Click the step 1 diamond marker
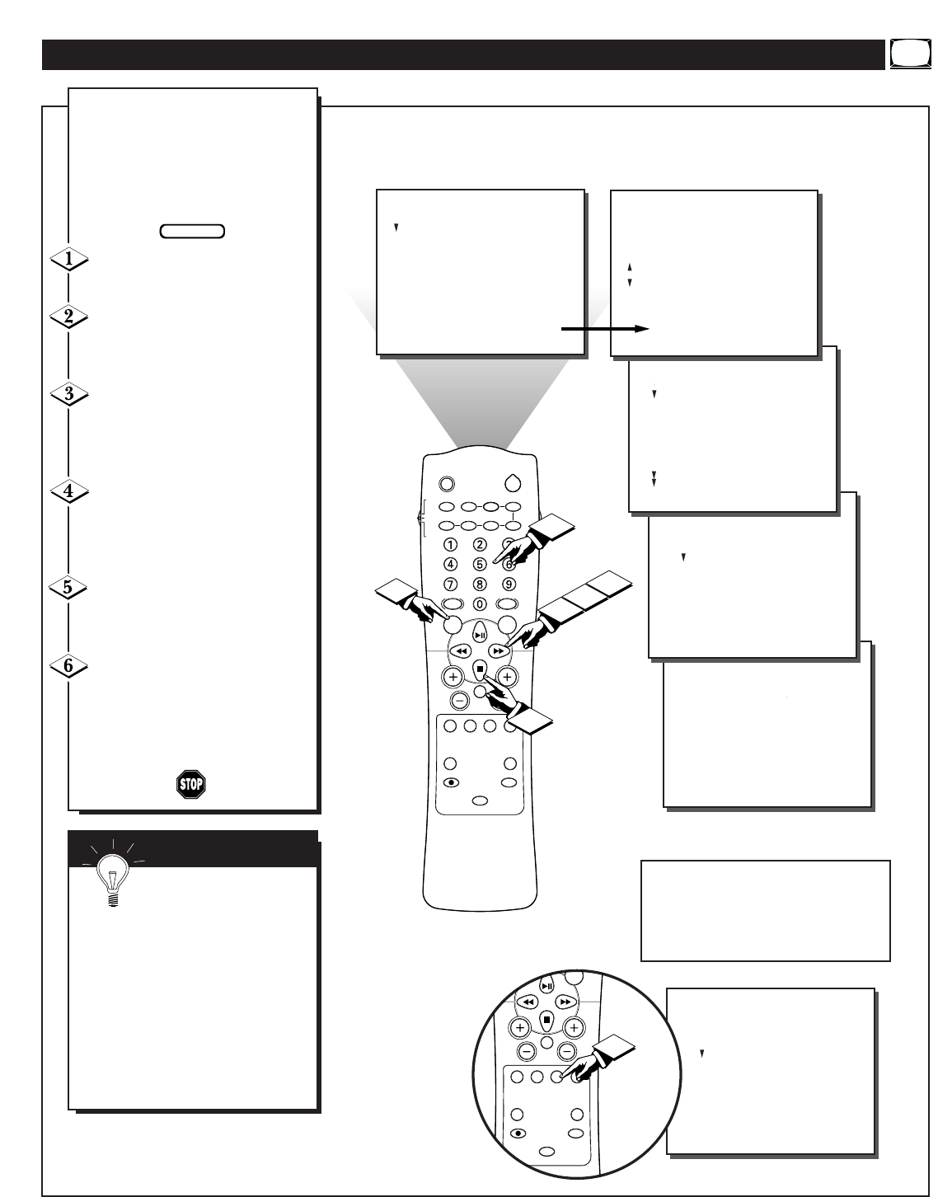69,259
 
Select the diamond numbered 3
69,394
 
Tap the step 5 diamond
68,587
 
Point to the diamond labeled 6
68,666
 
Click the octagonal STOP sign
191,785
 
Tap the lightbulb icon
113,875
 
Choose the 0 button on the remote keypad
480,604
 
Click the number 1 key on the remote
451,545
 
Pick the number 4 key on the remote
451,565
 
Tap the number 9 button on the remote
509,584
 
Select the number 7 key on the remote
451,584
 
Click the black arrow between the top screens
605,329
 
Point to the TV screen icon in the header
911,54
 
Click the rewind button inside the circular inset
528,1002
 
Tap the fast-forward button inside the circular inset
565,1002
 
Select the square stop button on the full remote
480,669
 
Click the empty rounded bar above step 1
192,232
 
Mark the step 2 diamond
69,317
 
